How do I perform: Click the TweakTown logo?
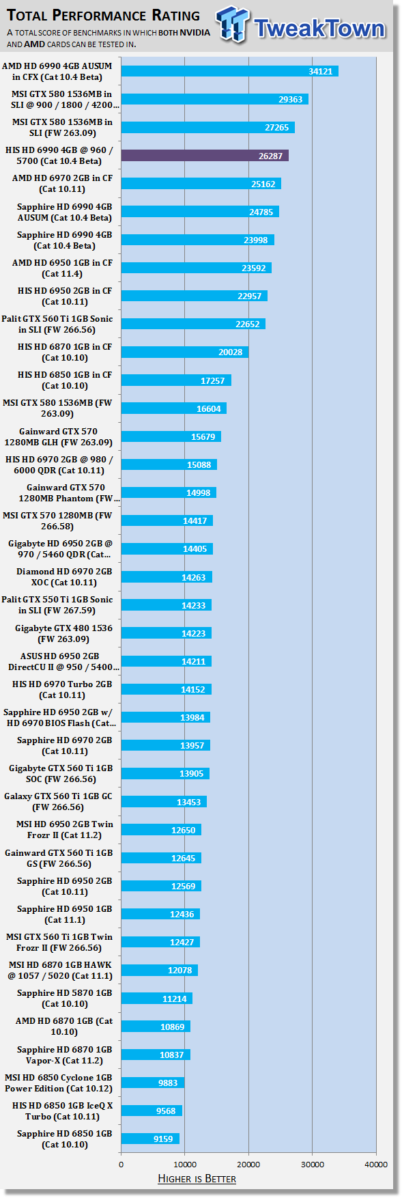[301, 25]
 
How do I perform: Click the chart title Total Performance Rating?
[104, 16]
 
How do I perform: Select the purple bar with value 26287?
[205, 156]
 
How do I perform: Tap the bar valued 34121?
[230, 72]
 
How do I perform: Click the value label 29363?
[291, 100]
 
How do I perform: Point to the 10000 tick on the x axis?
[185, 1165]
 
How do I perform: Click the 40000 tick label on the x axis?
[376, 1165]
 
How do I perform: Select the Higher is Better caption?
[197, 1179]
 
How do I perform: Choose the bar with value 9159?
[150, 1139]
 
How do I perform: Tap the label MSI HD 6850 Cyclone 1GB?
[59, 1078]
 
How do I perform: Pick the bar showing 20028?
[185, 352]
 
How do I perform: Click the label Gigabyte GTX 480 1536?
[64, 628]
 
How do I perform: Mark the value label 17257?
[213, 380]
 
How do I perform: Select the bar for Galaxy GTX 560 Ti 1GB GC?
[164, 802]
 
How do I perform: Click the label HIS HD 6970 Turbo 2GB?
[62, 684]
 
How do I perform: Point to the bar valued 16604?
[174, 408]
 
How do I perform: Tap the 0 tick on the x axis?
[121, 1165]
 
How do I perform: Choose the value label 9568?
[166, 1111]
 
